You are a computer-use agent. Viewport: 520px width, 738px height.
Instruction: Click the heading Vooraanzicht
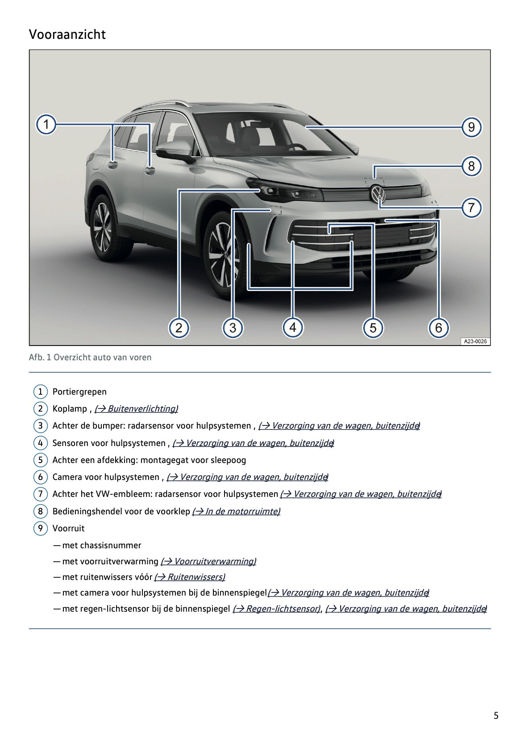[67, 34]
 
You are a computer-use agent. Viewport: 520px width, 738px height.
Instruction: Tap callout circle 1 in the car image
[46, 124]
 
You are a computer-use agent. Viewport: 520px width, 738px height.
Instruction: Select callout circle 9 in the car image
[471, 127]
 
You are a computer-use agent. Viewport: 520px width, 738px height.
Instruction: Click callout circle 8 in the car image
[471, 167]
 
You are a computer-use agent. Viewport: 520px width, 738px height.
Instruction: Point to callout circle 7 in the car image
[471, 208]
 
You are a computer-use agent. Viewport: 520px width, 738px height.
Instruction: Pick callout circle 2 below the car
[179, 328]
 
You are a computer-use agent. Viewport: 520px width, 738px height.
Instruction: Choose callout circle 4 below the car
[292, 328]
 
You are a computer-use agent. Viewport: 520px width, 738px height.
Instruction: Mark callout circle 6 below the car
[438, 328]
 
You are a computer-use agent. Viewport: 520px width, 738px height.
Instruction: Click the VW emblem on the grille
[378, 194]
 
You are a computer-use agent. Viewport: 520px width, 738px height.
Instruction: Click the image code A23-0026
[475, 342]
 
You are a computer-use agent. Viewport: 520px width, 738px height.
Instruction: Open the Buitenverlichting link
[136, 409]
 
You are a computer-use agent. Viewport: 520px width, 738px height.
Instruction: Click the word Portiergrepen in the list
[79, 392]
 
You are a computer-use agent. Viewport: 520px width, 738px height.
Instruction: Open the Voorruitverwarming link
[208, 561]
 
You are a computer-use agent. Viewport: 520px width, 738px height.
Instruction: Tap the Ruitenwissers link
[190, 577]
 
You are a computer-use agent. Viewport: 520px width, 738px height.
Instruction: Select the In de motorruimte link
[236, 511]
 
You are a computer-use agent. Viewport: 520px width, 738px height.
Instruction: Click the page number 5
[496, 716]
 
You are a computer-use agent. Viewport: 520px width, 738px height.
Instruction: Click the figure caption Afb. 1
[90, 357]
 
